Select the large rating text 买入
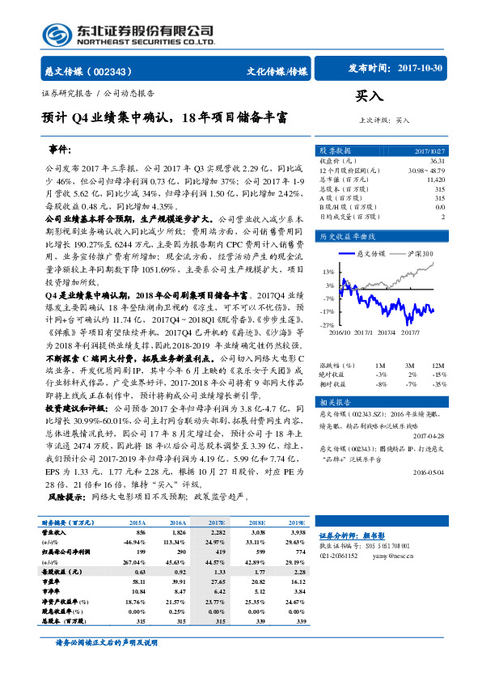(x=369, y=95)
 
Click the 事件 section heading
(x=60, y=150)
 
